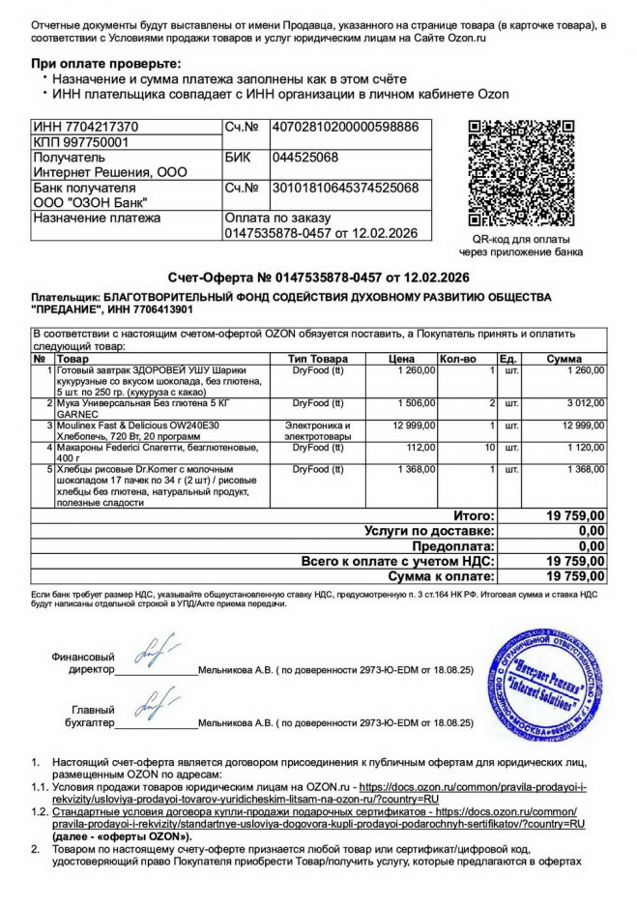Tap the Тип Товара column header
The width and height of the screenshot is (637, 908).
coord(318,359)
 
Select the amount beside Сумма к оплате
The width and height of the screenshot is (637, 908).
coord(575,575)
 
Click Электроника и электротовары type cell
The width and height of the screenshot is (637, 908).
coord(318,430)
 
